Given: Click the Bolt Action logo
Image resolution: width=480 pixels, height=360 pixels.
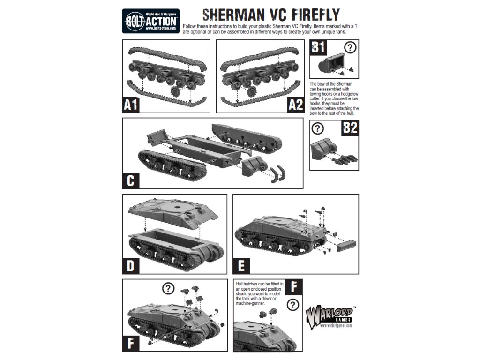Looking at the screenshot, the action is pos(151,21).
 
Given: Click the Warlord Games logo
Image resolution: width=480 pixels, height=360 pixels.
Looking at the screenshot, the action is pos(329,317).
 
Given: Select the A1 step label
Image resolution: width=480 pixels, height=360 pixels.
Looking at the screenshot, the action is pos(131,105).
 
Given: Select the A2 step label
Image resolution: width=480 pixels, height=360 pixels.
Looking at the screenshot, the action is pos(296,105).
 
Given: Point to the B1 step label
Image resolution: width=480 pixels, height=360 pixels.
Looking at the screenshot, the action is pos(318,47).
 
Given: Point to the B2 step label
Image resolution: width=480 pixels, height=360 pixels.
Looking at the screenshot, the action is pos(350,127).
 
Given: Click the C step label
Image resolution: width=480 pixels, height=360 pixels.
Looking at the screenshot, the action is pos(131,180).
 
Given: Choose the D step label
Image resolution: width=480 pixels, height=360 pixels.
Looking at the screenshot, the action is pos(131,266).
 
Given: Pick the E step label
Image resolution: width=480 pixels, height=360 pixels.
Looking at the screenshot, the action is pos(241,266).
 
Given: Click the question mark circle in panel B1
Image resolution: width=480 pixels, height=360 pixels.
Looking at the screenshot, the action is pos(350,47).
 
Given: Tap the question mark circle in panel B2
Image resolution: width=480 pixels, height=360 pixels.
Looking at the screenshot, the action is pos(317,128).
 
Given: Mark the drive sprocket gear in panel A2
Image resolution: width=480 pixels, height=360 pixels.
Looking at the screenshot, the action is pos(252,91).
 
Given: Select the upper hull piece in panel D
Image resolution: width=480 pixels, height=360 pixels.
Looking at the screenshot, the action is pos(173,213).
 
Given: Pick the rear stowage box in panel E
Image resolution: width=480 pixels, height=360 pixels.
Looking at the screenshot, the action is pos(346,246).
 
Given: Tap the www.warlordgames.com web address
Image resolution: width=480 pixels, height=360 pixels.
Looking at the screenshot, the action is pos(336,325).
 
